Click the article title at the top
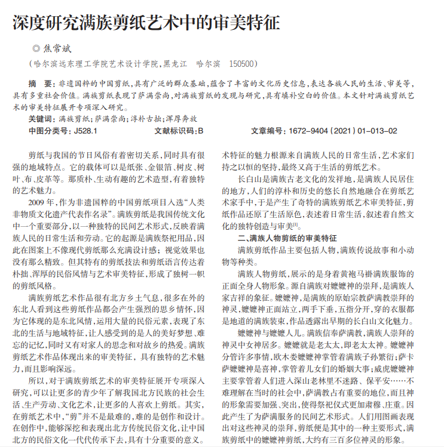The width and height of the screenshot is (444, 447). pos(146,23)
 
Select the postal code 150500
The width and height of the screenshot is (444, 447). pos(243,64)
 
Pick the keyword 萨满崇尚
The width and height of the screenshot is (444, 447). pos(111,119)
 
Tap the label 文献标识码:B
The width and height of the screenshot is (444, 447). pos(179,131)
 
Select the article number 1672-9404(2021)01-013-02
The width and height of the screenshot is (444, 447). pos(341,131)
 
